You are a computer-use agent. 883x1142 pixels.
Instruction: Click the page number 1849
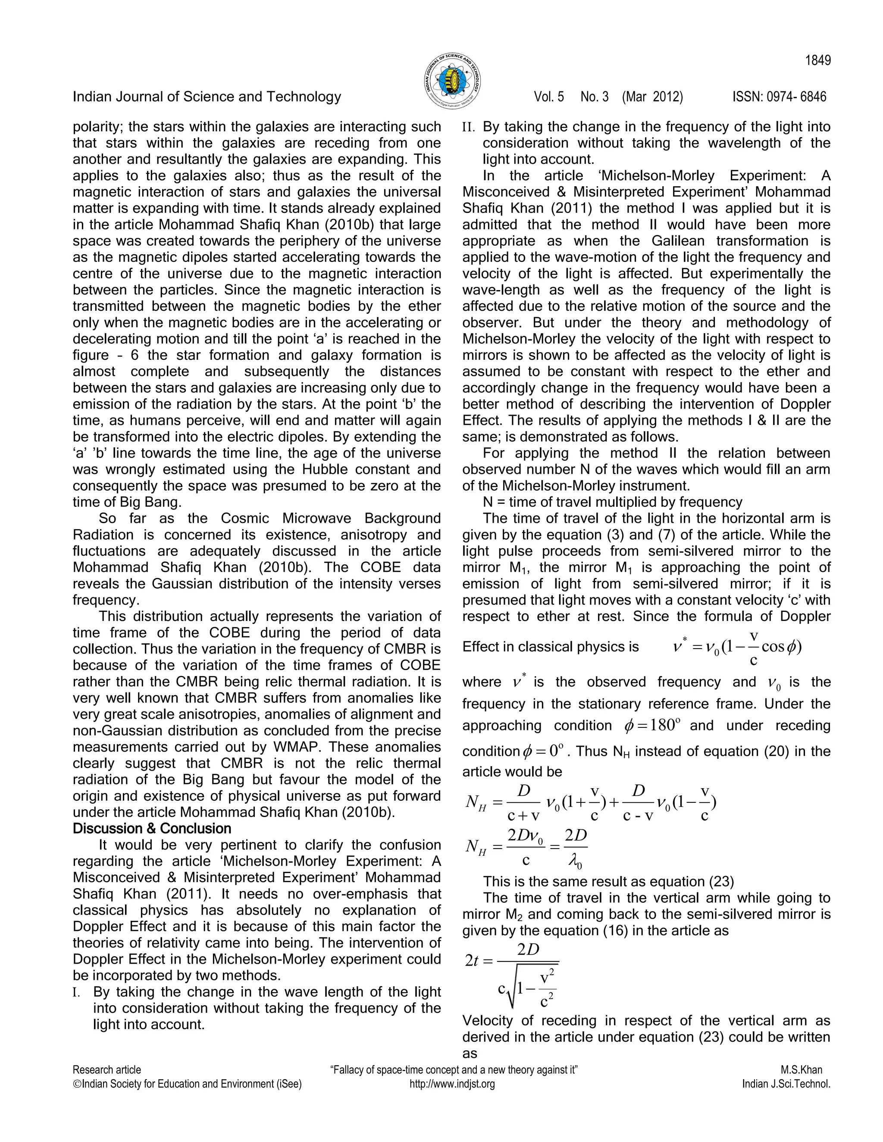click(x=817, y=61)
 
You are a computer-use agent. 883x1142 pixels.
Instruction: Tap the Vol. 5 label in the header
click(x=549, y=97)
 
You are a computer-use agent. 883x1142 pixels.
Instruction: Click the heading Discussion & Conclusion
click(x=152, y=829)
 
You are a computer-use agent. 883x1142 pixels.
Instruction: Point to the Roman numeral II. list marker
click(x=469, y=127)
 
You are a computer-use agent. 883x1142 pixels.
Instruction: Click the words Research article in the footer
click(x=107, y=1070)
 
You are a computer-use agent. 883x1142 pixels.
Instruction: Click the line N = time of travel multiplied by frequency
click(x=612, y=502)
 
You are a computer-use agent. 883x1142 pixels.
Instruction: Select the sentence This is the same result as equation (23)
click(x=608, y=882)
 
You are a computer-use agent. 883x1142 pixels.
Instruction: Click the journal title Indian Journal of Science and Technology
click(x=207, y=97)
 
